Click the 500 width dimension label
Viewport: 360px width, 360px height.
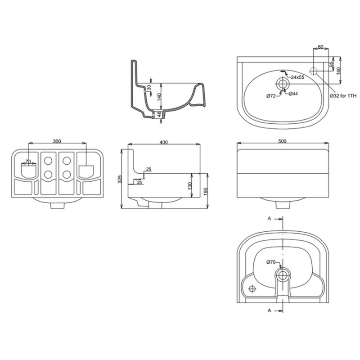click(282, 141)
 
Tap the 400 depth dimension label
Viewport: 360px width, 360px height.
click(163, 142)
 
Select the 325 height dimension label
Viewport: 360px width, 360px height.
click(119, 179)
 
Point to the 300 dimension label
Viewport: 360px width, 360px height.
click(57, 141)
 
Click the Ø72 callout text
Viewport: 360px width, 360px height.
click(271, 96)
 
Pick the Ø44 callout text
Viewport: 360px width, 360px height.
click(293, 94)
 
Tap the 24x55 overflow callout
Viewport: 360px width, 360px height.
click(297, 77)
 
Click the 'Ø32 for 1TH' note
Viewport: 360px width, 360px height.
click(343, 96)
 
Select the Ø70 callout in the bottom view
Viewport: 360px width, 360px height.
click(271, 262)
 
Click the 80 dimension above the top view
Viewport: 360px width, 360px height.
click(320, 47)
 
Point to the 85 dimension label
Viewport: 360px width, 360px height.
click(332, 64)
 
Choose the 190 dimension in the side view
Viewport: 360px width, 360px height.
click(206, 192)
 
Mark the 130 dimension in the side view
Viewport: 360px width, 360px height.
click(190, 186)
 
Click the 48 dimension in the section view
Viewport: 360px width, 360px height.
click(159, 114)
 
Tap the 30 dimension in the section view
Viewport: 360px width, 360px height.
click(149, 87)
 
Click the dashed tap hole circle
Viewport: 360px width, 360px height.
click(313, 71)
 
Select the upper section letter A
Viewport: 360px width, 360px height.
click(269, 219)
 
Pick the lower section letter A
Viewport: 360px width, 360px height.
click(269, 310)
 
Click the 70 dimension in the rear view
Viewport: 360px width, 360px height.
click(28, 162)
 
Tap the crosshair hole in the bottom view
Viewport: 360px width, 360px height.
click(252, 288)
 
